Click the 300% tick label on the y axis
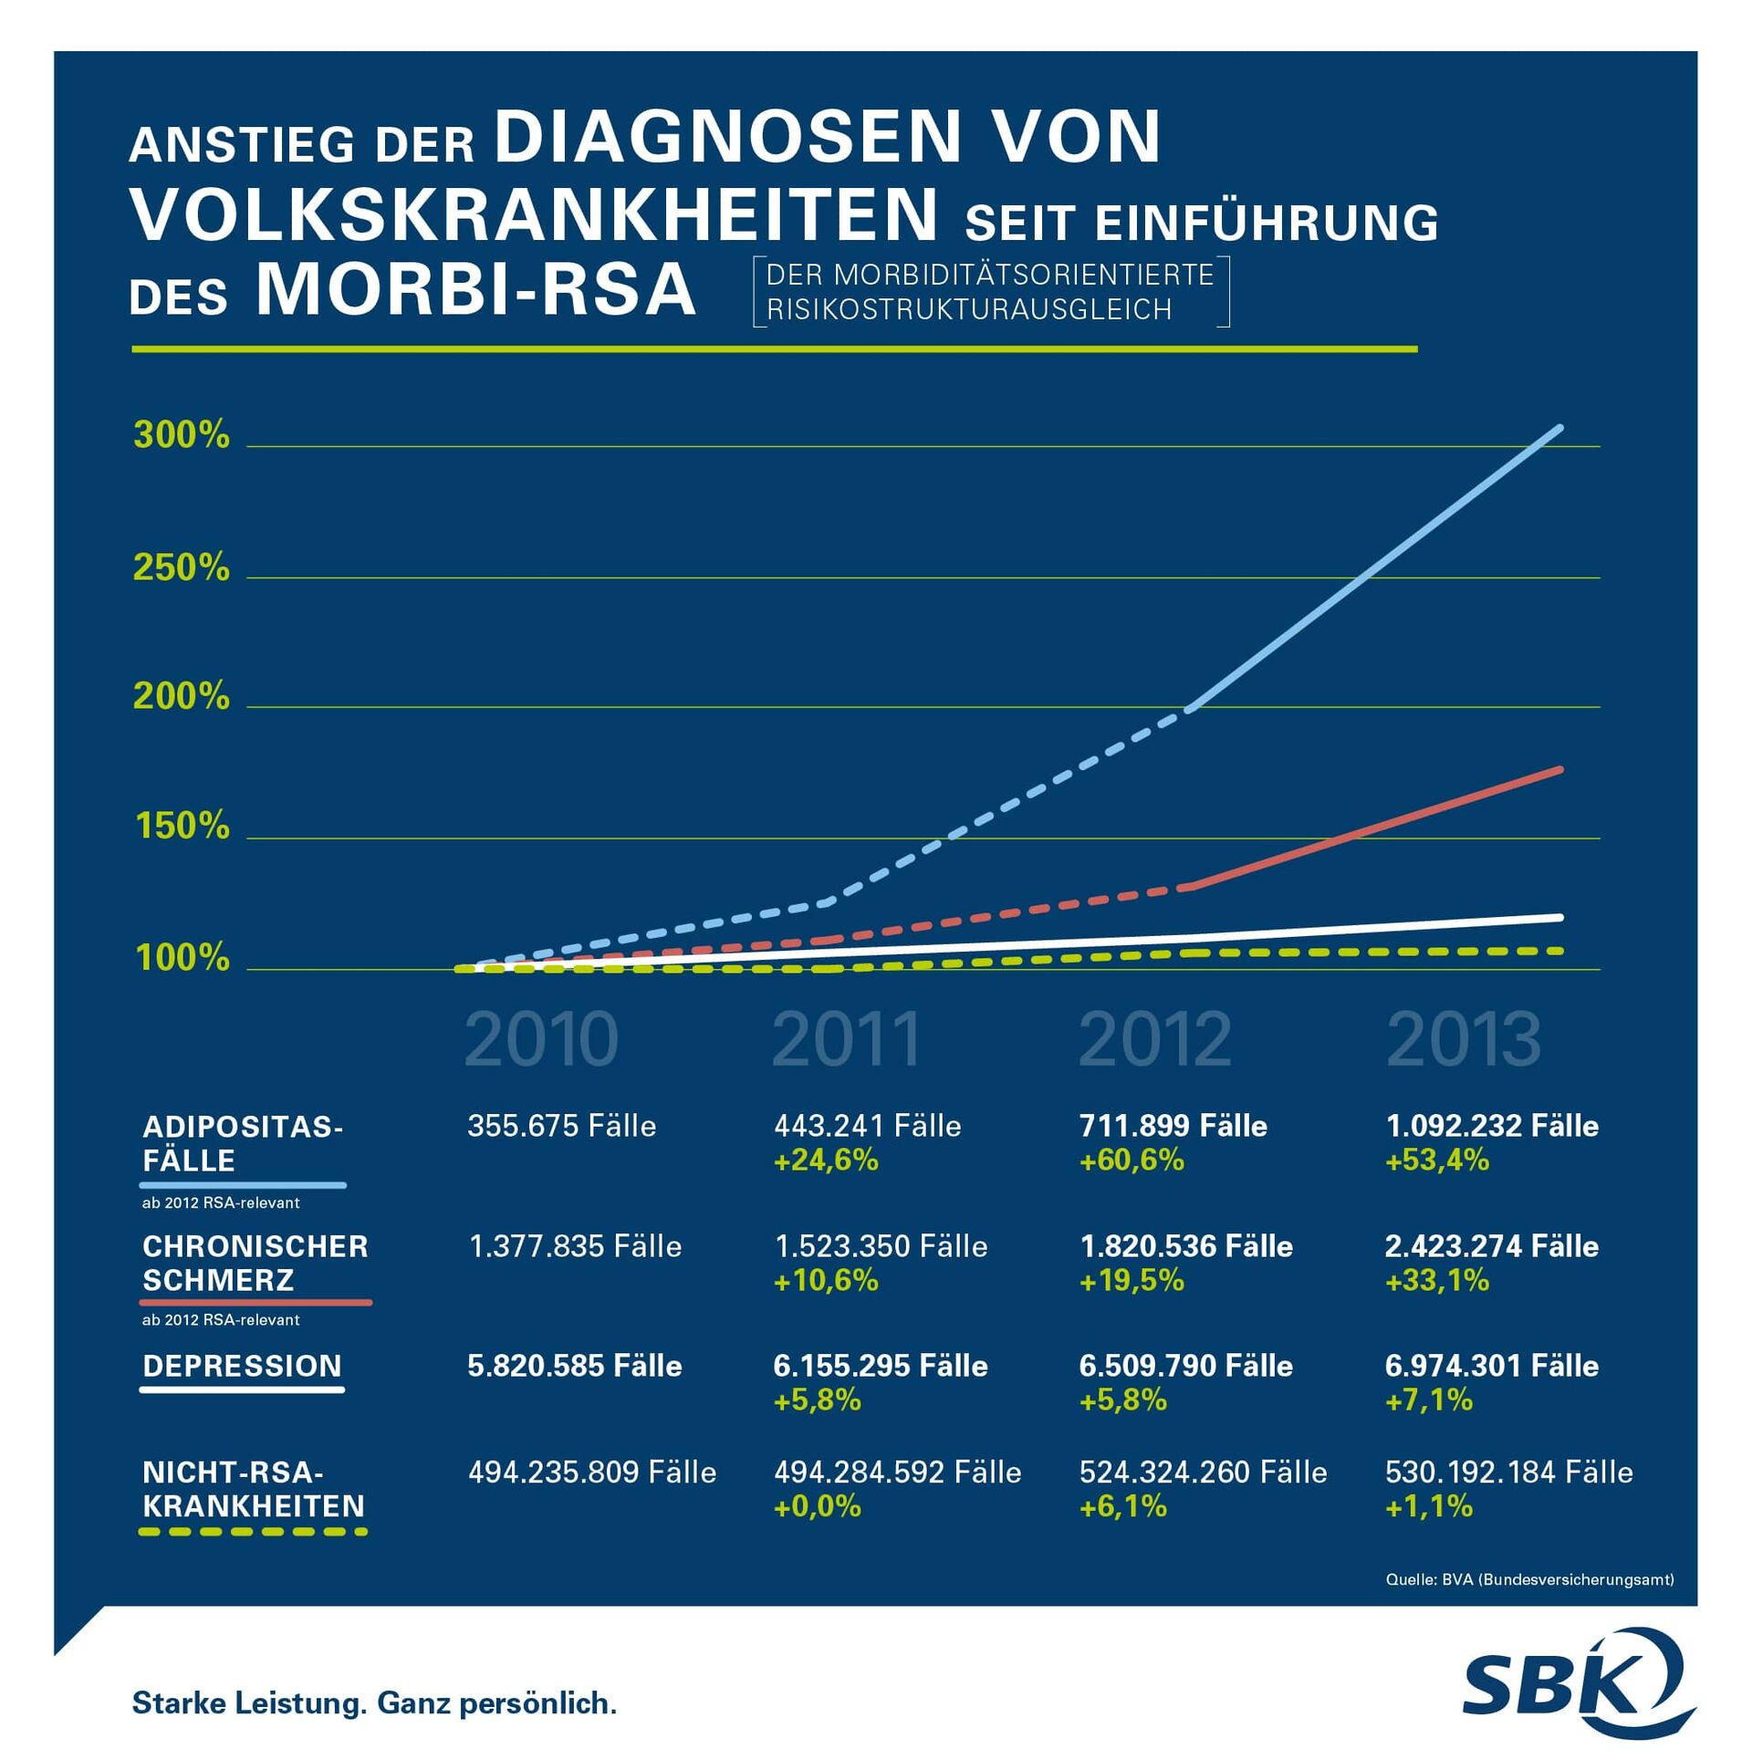pos(181,435)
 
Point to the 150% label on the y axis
pos(182,827)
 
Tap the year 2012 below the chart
pos(1154,1039)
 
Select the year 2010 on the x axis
pos(540,1039)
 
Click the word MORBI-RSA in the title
pos(476,290)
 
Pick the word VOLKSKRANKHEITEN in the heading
pos(535,215)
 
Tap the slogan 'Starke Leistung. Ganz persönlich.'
pos(374,1702)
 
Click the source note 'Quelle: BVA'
pos(1529,1579)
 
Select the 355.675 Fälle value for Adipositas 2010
pos(561,1126)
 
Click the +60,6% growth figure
pos(1131,1161)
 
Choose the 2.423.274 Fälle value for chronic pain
pos(1491,1246)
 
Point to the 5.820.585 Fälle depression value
pos(574,1366)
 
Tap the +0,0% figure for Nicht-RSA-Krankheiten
pos(817,1506)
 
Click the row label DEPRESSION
pos(242,1366)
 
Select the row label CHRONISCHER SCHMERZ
pos(255,1264)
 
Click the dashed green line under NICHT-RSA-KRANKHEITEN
pos(253,1532)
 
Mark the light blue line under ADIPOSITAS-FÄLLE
pos(243,1185)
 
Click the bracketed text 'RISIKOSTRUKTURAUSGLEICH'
pos(969,310)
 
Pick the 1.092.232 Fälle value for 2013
pos(1492,1126)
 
